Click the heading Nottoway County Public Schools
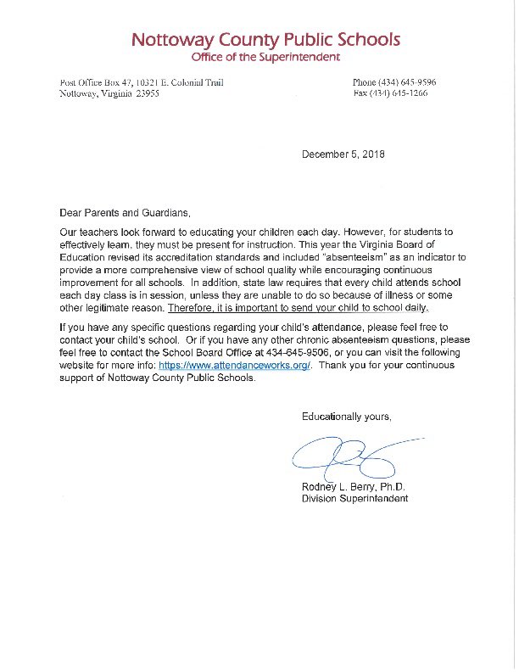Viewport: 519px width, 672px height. (x=265, y=39)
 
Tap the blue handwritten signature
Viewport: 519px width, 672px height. (x=348, y=458)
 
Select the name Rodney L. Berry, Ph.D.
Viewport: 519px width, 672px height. (x=354, y=486)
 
